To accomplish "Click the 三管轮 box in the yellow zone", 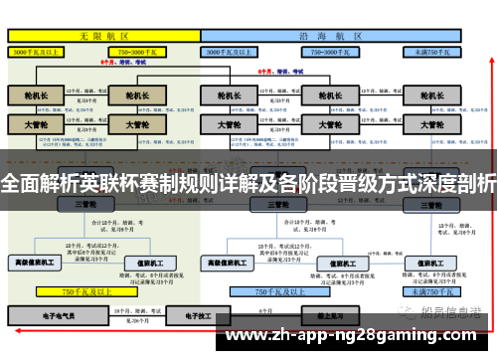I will (83, 204).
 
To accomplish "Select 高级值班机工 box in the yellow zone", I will (33, 263).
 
